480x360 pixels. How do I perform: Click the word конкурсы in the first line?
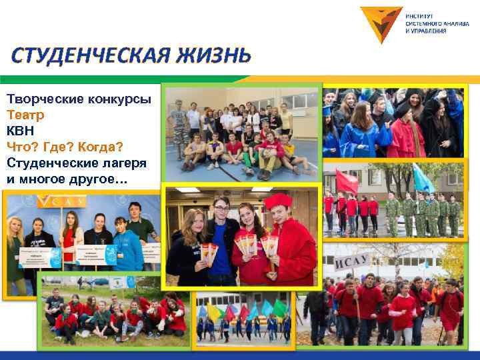click(114, 99)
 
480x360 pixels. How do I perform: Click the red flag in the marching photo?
click(346, 182)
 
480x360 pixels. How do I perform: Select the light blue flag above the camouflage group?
click(422, 178)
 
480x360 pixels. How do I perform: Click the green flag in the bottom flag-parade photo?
click(281, 307)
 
